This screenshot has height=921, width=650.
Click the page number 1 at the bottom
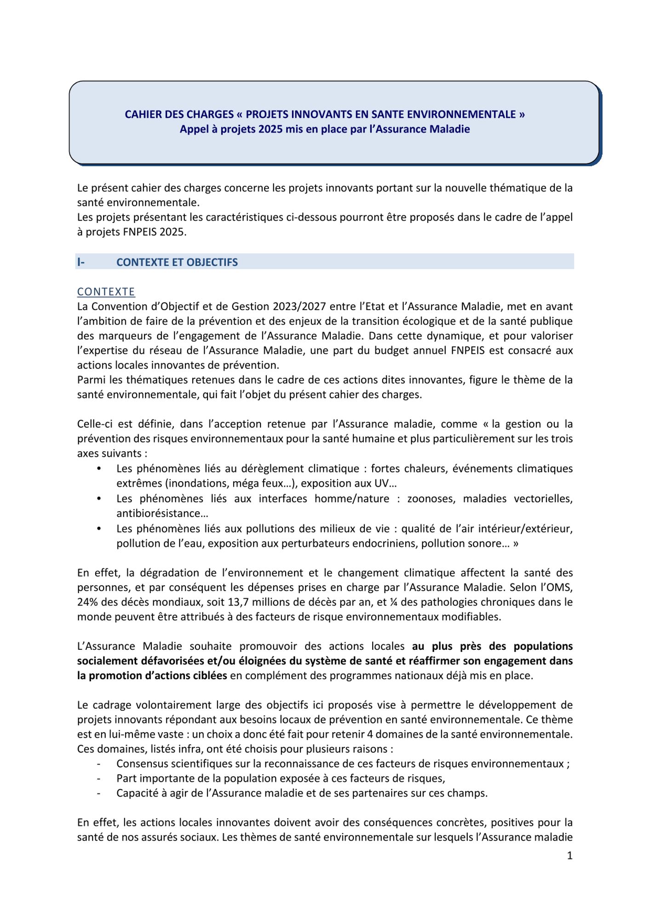coord(569,856)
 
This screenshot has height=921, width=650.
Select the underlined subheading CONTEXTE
coord(106,292)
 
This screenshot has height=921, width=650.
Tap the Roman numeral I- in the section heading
coord(81,262)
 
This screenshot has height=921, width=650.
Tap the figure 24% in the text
coord(87,602)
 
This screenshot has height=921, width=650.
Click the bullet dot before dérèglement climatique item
coord(99,469)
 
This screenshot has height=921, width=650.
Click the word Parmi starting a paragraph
coord(91,380)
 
